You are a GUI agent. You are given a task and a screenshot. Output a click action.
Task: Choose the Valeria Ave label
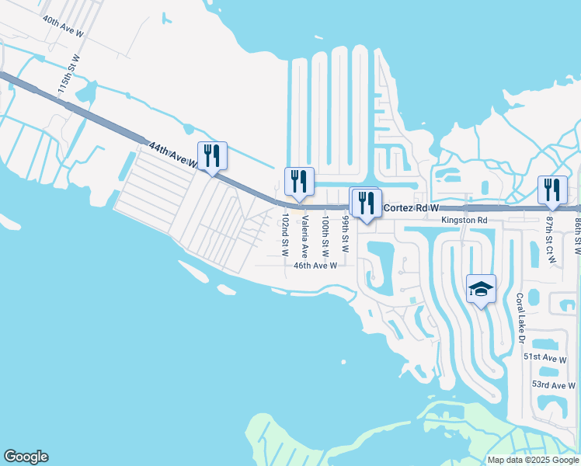(305, 237)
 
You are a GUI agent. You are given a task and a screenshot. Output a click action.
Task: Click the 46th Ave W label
(315, 266)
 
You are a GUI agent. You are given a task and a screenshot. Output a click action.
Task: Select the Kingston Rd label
(464, 221)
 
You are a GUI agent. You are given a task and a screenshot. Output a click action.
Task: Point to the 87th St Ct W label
(550, 238)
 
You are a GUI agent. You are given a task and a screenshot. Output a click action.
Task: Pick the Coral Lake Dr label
(521, 318)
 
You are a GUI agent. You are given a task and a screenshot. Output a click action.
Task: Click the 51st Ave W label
(544, 357)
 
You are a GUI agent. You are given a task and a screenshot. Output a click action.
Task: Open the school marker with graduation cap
(481, 290)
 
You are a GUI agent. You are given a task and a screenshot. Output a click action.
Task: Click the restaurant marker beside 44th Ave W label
(212, 156)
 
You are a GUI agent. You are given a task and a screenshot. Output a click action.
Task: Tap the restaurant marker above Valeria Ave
(299, 183)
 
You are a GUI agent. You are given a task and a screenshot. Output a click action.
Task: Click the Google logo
(26, 457)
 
